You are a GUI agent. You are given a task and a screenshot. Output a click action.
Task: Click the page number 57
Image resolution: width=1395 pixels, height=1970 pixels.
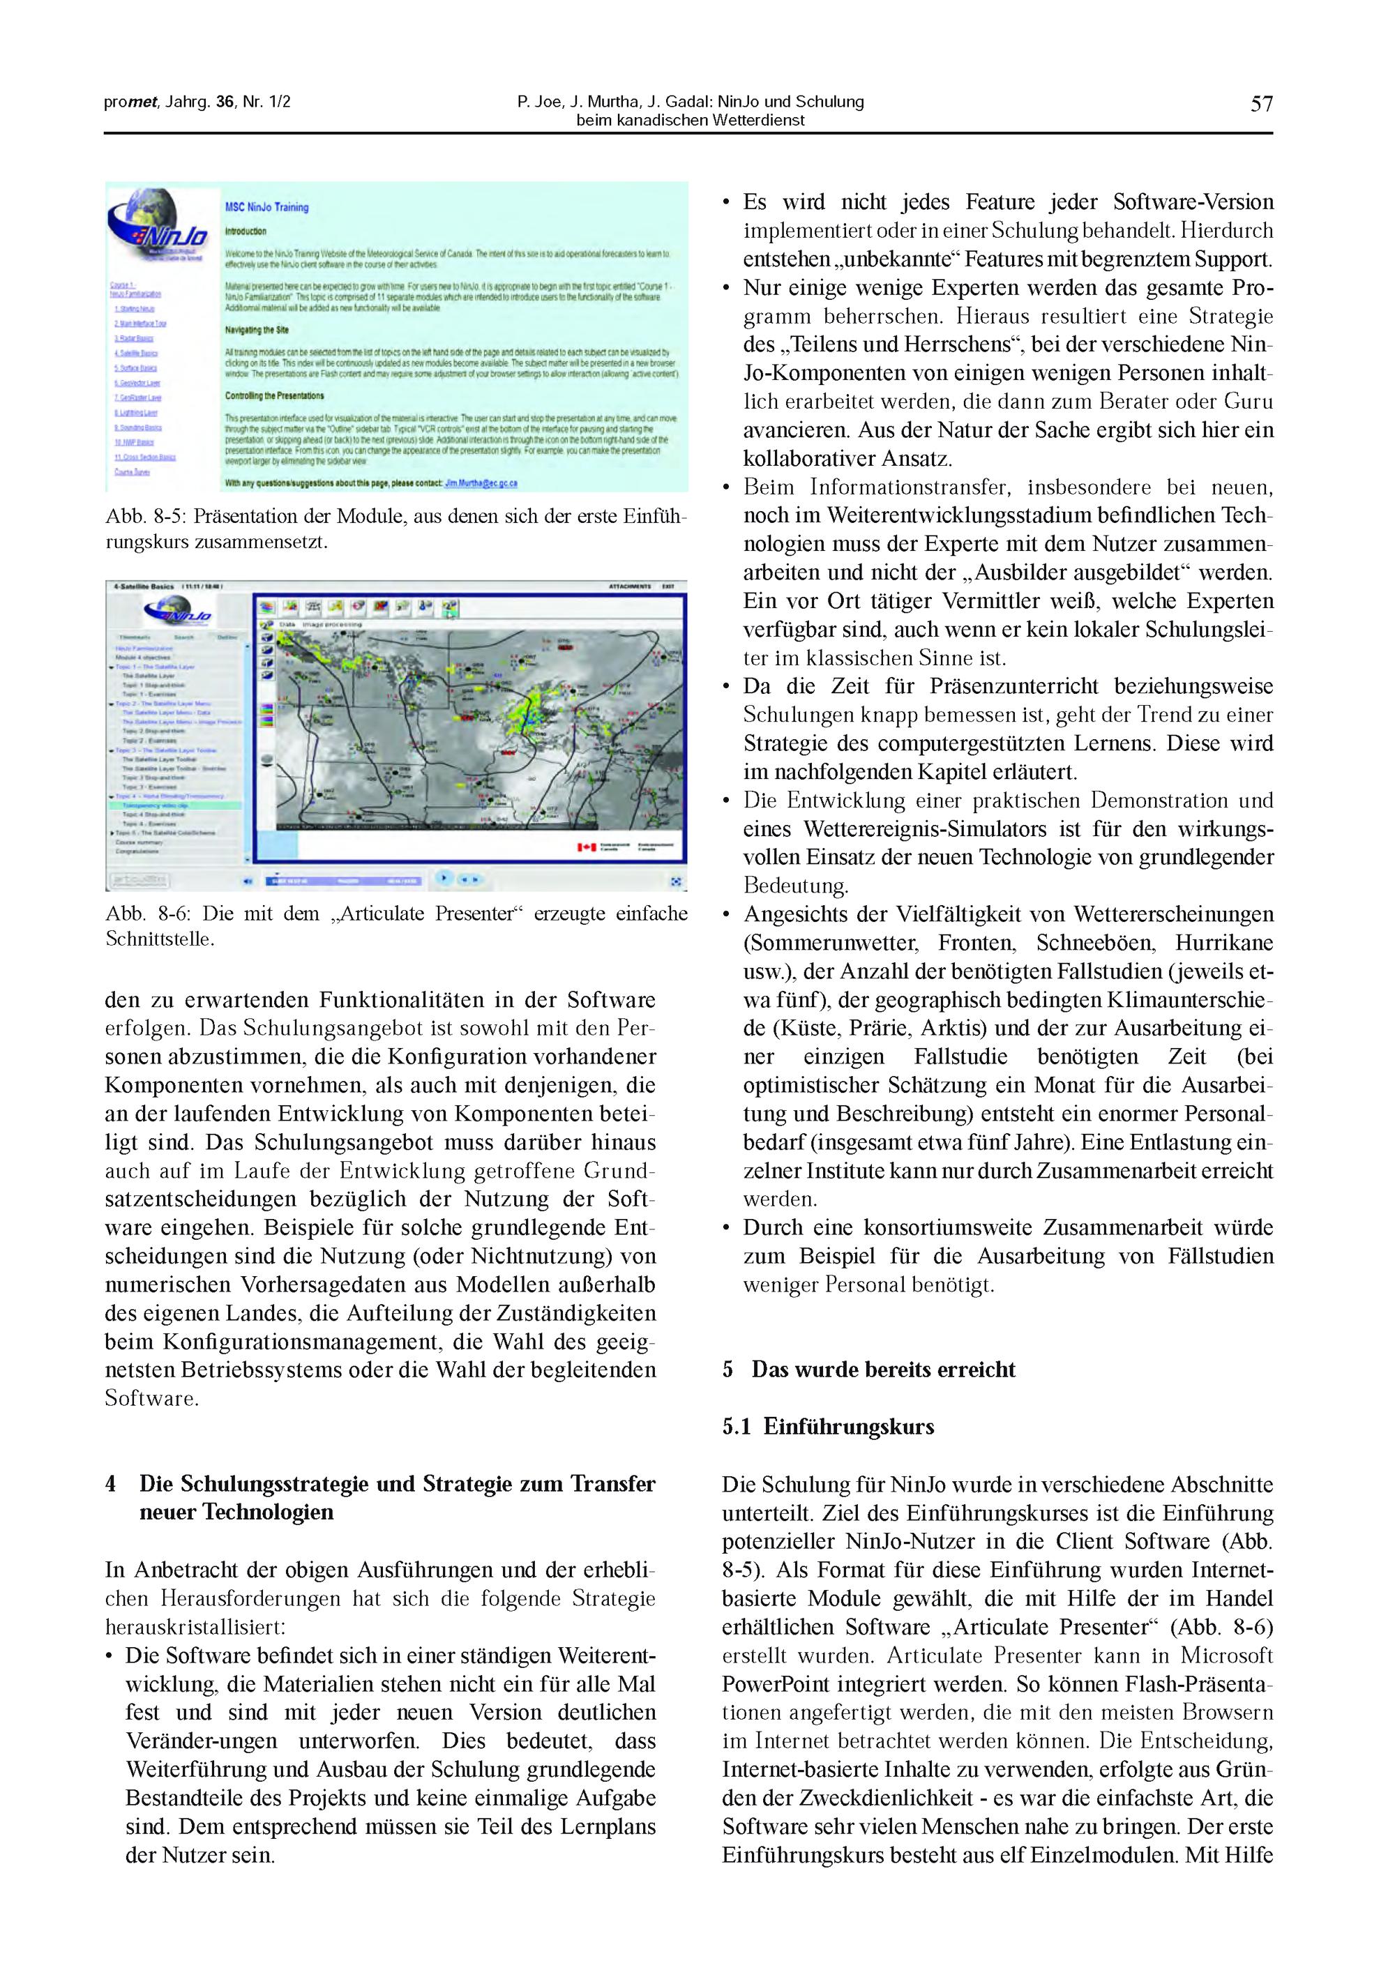pos(1261,104)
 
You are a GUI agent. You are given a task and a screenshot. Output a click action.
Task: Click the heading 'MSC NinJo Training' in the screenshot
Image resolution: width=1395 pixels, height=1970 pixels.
pos(266,207)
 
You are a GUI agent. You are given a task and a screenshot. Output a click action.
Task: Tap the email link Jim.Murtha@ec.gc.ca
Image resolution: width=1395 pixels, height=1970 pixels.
pos(481,483)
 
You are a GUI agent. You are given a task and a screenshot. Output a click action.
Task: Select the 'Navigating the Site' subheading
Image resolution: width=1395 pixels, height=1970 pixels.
pos(257,330)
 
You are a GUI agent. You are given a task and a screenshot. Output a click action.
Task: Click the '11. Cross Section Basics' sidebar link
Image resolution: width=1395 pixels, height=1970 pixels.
pos(144,457)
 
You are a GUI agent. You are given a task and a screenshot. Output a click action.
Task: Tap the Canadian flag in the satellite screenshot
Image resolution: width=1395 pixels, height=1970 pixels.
pos(587,847)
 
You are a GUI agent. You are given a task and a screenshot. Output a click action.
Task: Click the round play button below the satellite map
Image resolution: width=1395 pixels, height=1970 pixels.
pos(443,878)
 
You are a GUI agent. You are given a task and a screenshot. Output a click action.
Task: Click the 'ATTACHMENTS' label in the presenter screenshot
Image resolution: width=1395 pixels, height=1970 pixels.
pos(631,586)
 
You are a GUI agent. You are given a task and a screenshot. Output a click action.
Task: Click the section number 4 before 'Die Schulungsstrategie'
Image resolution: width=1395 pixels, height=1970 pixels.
pos(111,1484)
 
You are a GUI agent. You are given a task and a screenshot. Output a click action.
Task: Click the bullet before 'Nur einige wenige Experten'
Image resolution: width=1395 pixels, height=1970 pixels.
pos(726,288)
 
